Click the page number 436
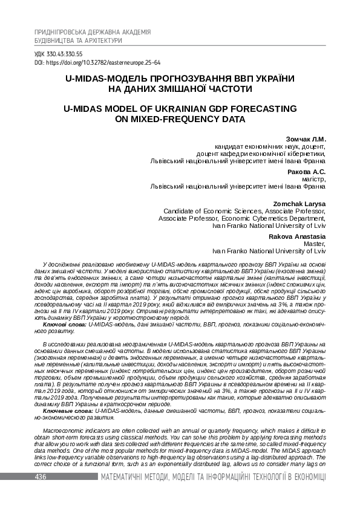pyautogui.click(x=41, y=478)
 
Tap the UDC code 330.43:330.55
pyautogui.click(x=59, y=54)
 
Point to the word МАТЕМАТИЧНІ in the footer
pyautogui.click(x=126, y=478)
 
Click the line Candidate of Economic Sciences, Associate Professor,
pyautogui.click(x=244, y=212)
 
